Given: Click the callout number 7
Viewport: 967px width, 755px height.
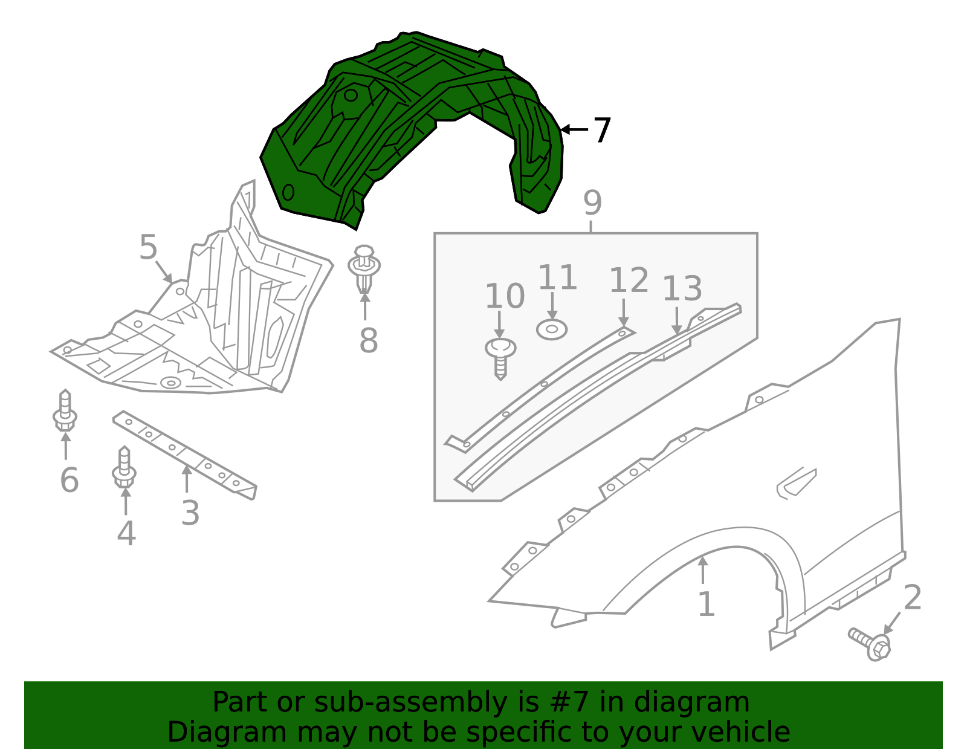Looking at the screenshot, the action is pyautogui.click(x=602, y=131).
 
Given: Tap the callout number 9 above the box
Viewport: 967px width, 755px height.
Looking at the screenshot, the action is pyautogui.click(x=592, y=203).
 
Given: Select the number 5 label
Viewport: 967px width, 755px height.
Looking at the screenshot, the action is pyautogui.click(x=148, y=248).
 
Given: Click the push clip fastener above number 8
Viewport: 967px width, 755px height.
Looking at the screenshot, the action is pyautogui.click(x=364, y=267).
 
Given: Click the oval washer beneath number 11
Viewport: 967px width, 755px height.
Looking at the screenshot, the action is pyautogui.click(x=551, y=329).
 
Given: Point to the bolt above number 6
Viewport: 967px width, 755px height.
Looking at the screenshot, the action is pyautogui.click(x=65, y=411).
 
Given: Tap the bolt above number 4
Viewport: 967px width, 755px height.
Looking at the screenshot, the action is pyautogui.click(x=124, y=467).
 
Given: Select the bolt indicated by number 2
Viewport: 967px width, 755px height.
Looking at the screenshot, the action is pyautogui.click(x=870, y=644).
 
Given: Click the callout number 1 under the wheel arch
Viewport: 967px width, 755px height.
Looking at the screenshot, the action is pyautogui.click(x=706, y=604).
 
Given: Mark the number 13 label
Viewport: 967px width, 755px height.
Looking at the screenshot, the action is pyautogui.click(x=682, y=289).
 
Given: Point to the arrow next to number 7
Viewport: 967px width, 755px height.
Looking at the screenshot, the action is pyautogui.click(x=574, y=129).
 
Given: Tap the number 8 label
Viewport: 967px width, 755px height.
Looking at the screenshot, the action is pyautogui.click(x=368, y=341).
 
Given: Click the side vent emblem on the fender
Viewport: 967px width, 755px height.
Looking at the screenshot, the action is pyautogui.click(x=797, y=482).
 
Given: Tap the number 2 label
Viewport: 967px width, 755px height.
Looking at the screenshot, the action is pyautogui.click(x=912, y=597).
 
